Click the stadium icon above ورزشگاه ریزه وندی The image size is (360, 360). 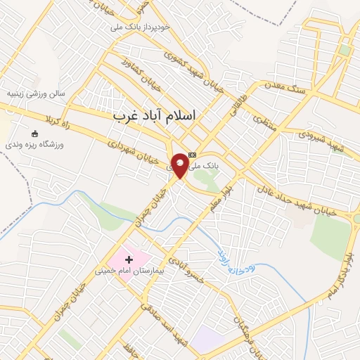pyautogui.click(x=35, y=134)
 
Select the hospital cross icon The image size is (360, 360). pyautogui.click(x=128, y=259)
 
